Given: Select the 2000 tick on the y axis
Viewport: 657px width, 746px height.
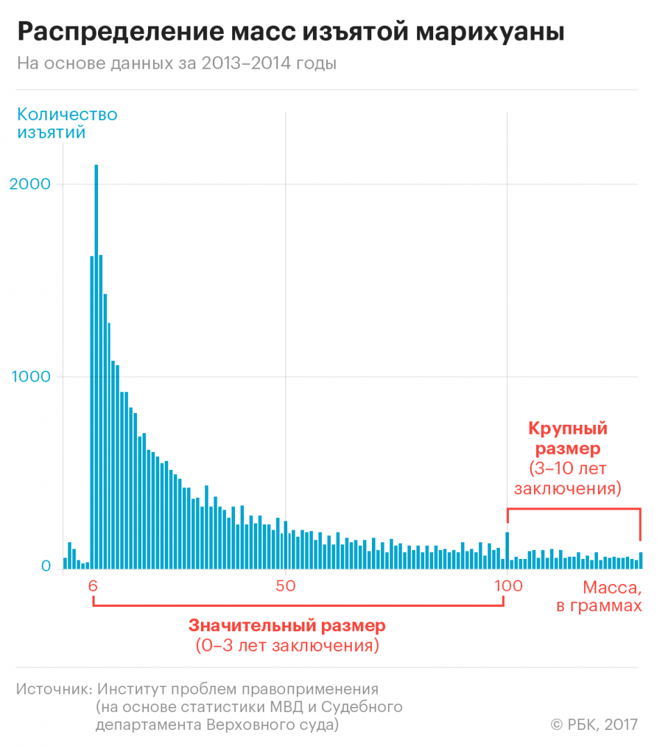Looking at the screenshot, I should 35,184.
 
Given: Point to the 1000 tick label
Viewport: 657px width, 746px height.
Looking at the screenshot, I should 35,377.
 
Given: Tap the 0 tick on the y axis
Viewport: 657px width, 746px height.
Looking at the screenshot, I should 46,567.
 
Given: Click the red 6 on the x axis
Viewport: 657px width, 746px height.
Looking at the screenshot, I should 93,586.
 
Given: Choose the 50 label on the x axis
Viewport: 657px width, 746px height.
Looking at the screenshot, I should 285,586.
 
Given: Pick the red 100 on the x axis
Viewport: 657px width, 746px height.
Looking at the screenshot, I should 508,586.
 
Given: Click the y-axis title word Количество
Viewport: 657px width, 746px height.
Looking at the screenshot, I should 67,114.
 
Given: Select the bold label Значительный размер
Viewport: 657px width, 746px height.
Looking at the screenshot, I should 286,625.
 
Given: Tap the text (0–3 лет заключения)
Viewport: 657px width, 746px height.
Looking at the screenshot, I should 286,646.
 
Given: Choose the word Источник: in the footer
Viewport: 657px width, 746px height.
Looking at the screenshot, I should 53,689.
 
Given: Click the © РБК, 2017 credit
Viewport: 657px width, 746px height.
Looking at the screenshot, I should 594,724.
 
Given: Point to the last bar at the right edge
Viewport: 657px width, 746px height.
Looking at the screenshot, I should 640,560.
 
